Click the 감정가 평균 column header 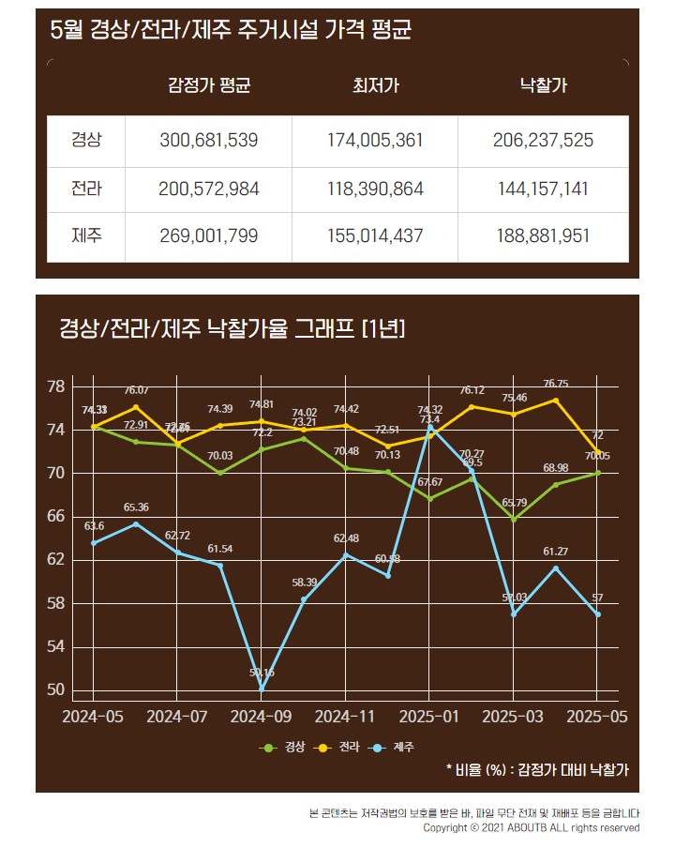(208, 86)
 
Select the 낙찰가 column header (543, 86)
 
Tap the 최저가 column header (375, 86)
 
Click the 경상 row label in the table (86, 141)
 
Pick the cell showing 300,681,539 (208, 141)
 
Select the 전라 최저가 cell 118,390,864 (375, 189)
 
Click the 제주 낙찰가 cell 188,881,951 (543, 235)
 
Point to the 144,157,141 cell (543, 189)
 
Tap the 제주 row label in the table (86, 235)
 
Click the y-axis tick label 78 (55, 386)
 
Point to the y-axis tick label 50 (55, 690)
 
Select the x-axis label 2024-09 (262, 716)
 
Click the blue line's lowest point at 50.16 (262, 689)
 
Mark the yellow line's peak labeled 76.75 (556, 400)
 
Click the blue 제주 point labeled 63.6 (94, 543)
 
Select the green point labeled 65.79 (514, 519)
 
